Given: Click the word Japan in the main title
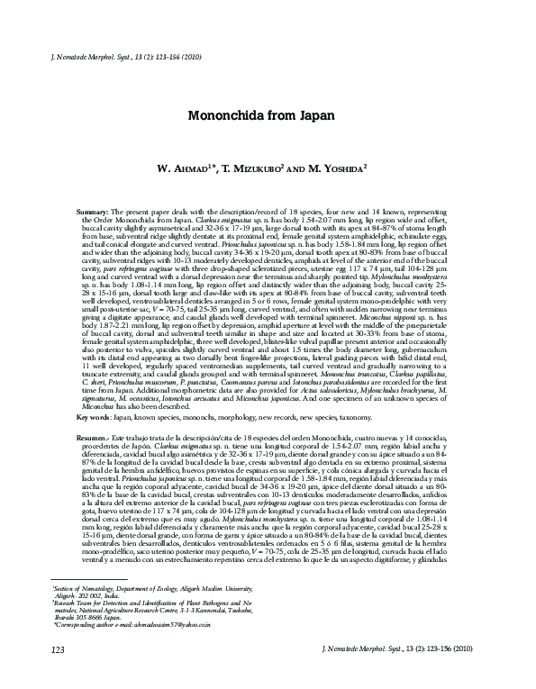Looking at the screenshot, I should [x=315, y=116].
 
